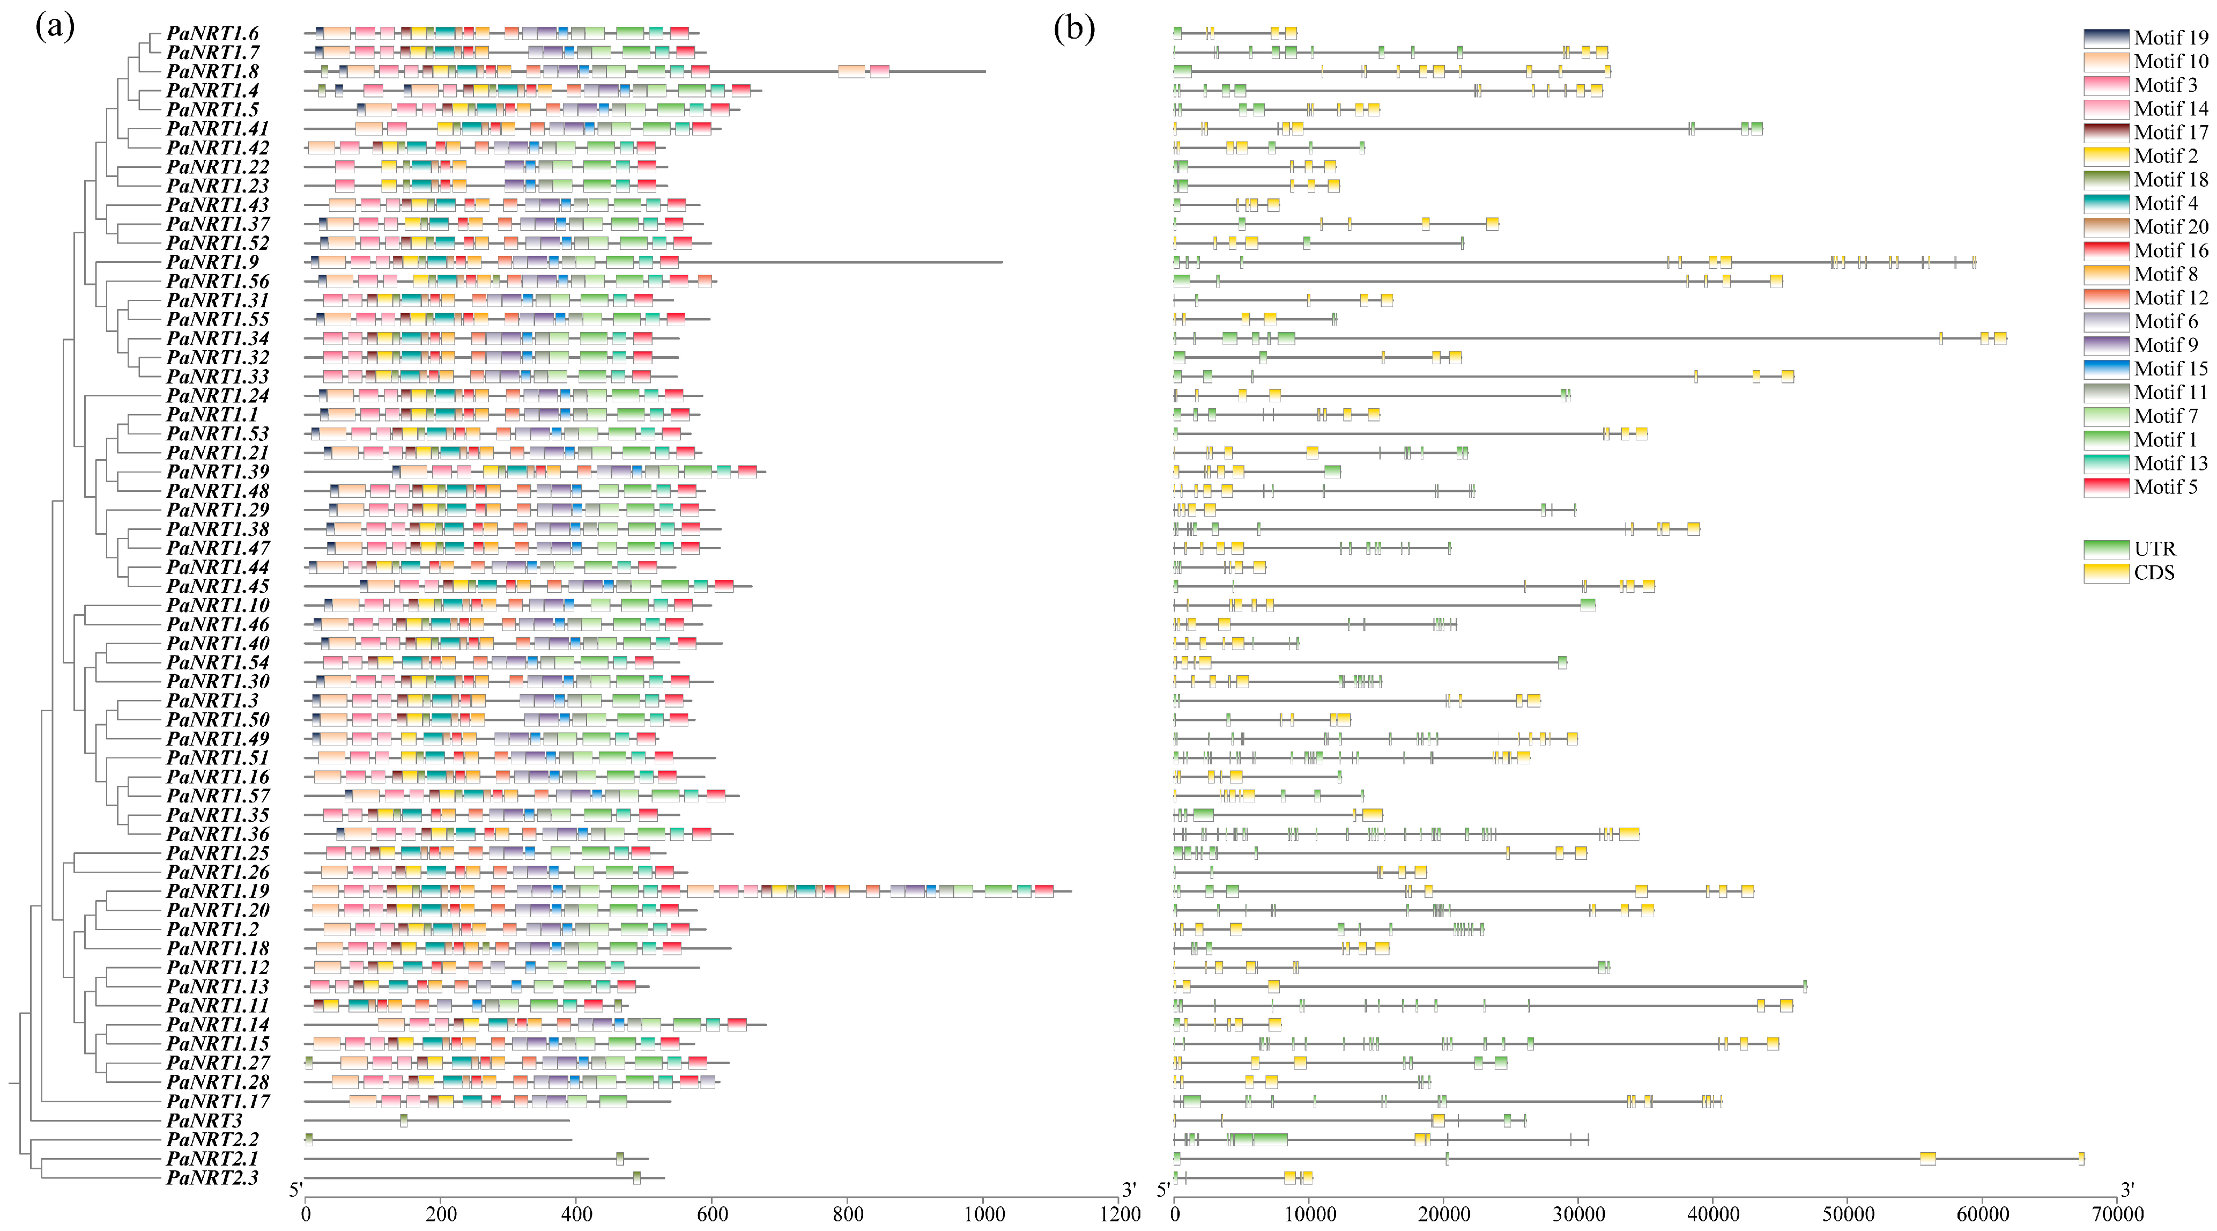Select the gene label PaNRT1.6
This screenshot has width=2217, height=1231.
pyautogui.click(x=212, y=34)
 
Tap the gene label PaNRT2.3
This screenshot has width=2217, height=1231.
pyautogui.click(x=212, y=1177)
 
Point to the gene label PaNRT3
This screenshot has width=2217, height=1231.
pyautogui.click(x=204, y=1121)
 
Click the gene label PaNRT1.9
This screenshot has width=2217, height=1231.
pyautogui.click(x=212, y=262)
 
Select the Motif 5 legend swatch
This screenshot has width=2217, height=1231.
pyautogui.click(x=2106, y=487)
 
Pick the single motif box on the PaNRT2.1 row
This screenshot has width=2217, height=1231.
pyautogui.click(x=620, y=1159)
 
